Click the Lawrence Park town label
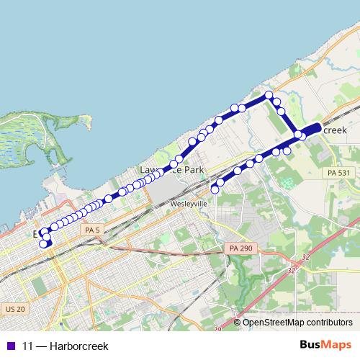point(172,170)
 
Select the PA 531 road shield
point(336,173)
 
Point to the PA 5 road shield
point(89,230)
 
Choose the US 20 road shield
point(14,308)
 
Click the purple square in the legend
point(9,346)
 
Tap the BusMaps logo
point(325,346)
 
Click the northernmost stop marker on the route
point(269,95)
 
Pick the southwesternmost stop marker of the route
point(43,244)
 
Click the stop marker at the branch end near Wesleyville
point(215,189)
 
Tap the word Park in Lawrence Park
point(193,170)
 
